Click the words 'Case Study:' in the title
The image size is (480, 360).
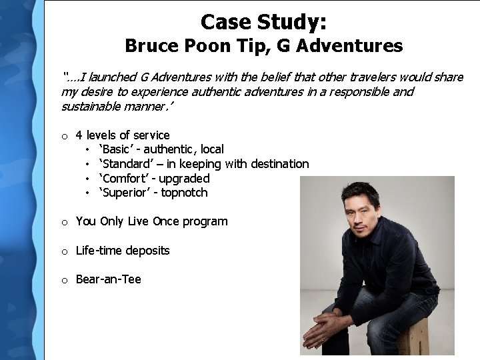click(x=263, y=22)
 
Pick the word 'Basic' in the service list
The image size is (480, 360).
click(x=115, y=149)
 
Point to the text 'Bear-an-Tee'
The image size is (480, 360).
click(x=108, y=279)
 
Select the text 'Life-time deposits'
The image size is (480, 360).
click(x=123, y=251)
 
